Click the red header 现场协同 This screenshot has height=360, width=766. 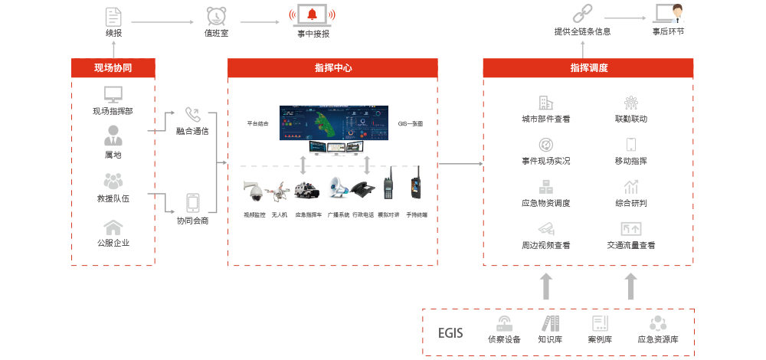point(113,68)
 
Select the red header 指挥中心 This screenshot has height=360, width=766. point(333,68)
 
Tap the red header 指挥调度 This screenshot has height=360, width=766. point(588,68)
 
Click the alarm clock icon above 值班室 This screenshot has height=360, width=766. point(215,15)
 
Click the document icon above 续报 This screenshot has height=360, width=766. point(113,15)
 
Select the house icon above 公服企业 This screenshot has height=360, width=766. point(113,227)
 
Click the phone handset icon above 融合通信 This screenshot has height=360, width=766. point(192,114)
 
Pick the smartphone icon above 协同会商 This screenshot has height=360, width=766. point(192,203)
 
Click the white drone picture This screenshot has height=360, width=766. point(277,191)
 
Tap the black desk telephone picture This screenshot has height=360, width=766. point(363,190)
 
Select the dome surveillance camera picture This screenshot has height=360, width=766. point(252,191)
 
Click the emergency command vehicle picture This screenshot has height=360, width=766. point(306,189)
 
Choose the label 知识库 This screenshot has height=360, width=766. point(551,339)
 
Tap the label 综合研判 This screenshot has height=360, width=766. point(631,204)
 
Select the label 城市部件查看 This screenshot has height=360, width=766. point(545,119)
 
